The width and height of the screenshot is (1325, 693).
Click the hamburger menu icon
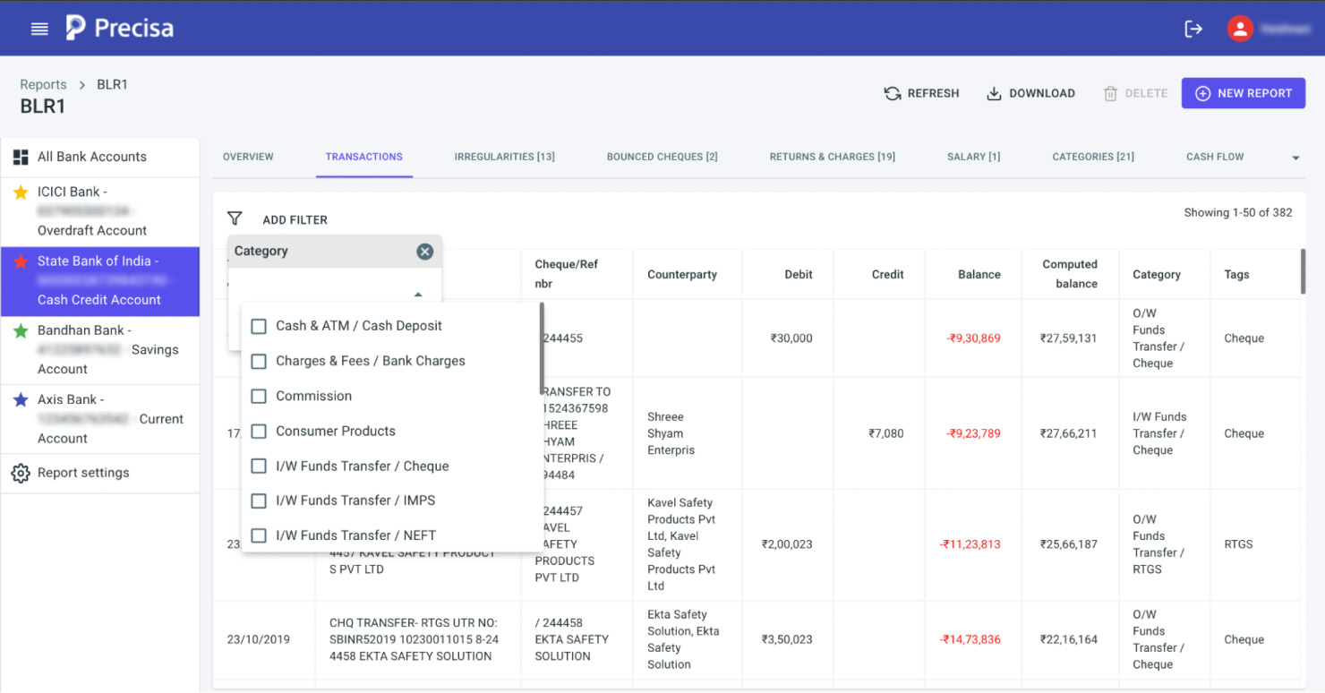tap(39, 29)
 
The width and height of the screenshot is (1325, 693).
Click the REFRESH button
tap(921, 93)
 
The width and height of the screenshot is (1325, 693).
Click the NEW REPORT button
tap(1243, 93)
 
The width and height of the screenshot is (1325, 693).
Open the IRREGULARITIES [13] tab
tap(504, 157)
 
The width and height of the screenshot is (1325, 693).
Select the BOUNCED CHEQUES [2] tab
tap(662, 157)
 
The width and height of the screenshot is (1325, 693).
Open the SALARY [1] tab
tap(973, 157)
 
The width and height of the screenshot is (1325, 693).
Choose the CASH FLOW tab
tap(1214, 157)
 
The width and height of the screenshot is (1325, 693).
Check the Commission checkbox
tap(259, 396)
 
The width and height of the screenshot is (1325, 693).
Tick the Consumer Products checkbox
tap(259, 431)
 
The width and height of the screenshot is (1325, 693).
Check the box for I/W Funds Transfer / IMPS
tap(259, 500)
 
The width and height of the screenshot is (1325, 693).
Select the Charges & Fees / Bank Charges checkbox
tap(259, 361)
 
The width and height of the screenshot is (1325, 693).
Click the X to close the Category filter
tap(425, 252)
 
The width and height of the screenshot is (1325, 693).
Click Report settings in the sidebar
tap(83, 473)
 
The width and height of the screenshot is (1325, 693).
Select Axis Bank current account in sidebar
tap(99, 419)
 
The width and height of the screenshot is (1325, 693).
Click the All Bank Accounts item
tap(91, 157)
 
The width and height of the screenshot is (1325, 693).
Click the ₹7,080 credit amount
tap(885, 433)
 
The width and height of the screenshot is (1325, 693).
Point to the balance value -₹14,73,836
tap(970, 639)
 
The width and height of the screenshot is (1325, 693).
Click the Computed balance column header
tap(1069, 274)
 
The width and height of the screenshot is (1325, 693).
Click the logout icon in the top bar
tap(1193, 29)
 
